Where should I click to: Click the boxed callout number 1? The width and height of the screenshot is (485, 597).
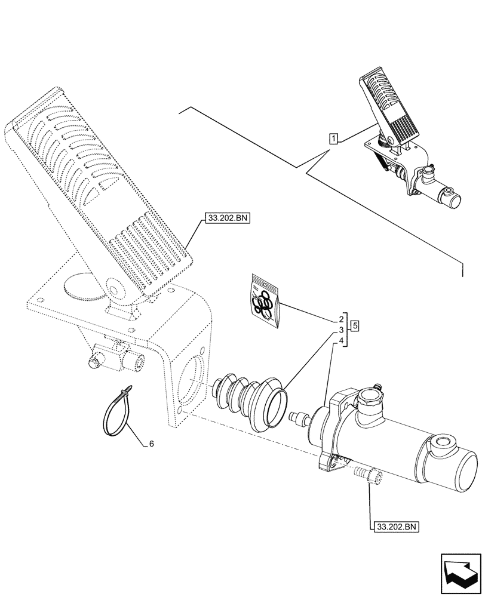pos(334,139)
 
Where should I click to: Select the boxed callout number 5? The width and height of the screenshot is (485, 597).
pos(355,326)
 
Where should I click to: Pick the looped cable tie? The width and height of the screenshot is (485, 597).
pos(119,412)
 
